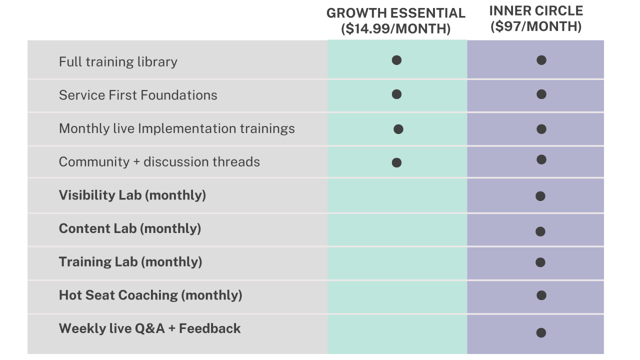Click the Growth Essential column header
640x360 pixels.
(x=396, y=13)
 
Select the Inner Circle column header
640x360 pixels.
(x=536, y=11)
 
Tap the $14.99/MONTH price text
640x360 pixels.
(x=396, y=28)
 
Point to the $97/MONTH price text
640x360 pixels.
(x=536, y=26)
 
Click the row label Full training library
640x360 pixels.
(x=118, y=62)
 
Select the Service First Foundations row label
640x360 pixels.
(x=138, y=95)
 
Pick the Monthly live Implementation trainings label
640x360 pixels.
(x=177, y=128)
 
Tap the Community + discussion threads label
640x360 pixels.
(x=159, y=162)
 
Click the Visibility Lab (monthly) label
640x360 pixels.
(x=132, y=195)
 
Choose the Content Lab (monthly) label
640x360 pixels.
(x=130, y=228)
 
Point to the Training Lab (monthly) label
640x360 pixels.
(x=130, y=262)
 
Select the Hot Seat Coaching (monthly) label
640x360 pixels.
(x=150, y=295)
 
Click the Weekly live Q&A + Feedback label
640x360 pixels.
(x=149, y=328)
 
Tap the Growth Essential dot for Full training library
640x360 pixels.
(x=396, y=60)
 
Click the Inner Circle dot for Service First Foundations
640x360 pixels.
(x=541, y=94)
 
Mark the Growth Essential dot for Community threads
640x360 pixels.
(x=396, y=163)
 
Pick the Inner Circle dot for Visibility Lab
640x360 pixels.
(x=540, y=196)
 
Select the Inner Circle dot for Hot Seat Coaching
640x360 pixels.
(x=541, y=295)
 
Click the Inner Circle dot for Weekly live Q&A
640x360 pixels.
(x=541, y=333)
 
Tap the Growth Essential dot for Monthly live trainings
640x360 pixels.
(x=398, y=129)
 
